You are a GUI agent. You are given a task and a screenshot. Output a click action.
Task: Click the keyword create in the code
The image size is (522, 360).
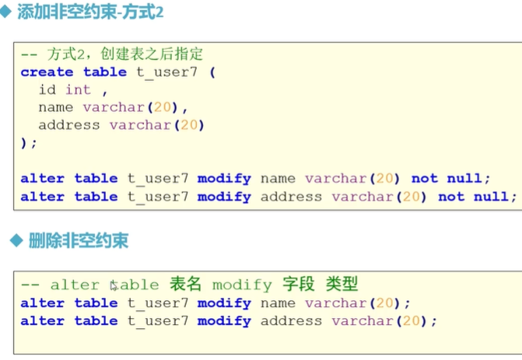click(47, 72)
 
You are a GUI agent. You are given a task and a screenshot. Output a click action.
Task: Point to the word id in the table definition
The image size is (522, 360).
click(47, 89)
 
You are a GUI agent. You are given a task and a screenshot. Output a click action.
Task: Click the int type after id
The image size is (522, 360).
click(78, 89)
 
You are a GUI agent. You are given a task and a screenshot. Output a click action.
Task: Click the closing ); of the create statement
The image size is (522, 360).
click(29, 142)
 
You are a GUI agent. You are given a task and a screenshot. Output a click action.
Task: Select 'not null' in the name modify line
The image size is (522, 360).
click(450, 178)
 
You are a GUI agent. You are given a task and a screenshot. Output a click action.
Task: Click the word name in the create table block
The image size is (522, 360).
click(55, 107)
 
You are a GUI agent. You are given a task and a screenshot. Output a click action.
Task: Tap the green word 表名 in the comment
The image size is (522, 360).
click(185, 285)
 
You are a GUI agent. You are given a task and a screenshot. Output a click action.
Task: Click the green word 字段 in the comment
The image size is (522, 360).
click(297, 285)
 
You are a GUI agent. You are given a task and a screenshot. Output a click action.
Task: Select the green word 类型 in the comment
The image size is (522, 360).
click(342, 285)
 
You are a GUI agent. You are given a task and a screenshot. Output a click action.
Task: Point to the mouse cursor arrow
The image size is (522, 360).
click(114, 285)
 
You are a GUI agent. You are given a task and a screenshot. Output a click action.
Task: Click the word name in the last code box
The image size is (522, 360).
click(278, 302)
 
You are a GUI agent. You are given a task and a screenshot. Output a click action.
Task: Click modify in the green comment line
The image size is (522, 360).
click(242, 285)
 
